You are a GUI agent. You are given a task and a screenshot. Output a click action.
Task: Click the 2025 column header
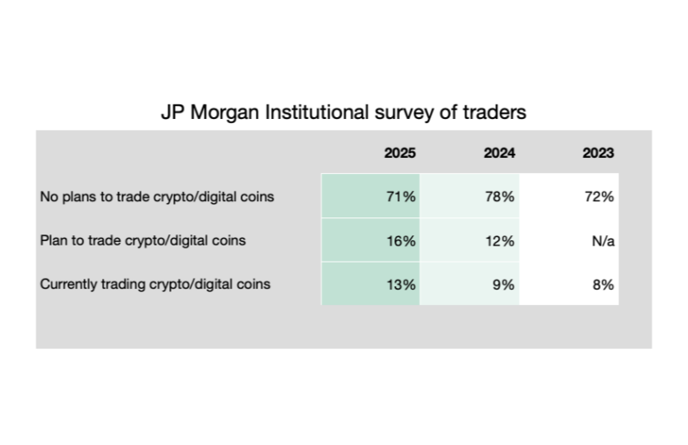point(399,154)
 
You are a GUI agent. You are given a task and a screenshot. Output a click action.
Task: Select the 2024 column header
point(499,154)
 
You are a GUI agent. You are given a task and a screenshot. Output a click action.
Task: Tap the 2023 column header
point(598,154)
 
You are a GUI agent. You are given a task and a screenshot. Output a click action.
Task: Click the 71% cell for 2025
point(402,197)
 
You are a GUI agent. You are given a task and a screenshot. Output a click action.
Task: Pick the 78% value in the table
point(501,197)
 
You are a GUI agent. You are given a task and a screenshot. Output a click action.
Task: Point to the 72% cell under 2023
point(601,197)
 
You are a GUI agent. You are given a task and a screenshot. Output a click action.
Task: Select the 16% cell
point(402,240)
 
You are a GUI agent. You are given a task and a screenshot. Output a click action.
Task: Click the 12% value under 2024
point(501,240)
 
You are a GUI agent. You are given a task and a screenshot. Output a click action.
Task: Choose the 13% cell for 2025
point(402,284)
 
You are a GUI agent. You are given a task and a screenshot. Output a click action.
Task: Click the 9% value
point(505,284)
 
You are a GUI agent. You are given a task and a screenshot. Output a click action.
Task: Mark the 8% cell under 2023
point(604,284)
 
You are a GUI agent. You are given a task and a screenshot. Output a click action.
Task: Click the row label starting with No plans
point(157,197)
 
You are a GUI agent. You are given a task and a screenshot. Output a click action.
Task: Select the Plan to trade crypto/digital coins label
point(143,240)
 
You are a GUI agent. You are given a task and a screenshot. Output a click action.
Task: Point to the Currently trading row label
point(155,284)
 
